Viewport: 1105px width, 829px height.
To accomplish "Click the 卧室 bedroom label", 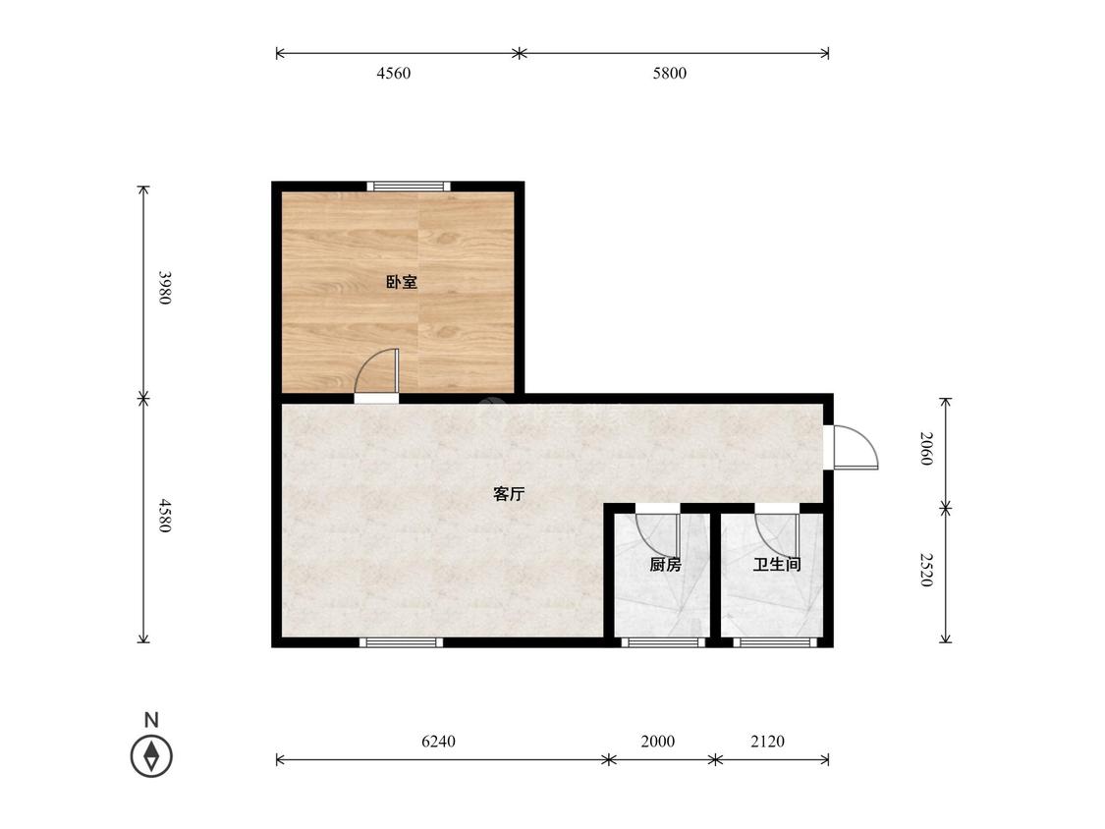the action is (x=402, y=283).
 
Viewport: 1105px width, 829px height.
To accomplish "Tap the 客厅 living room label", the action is (x=509, y=494).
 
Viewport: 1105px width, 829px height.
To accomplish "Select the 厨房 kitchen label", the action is (x=665, y=565).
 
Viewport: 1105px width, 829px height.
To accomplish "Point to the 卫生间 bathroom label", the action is (x=777, y=565).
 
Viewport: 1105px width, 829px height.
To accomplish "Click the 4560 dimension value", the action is (x=394, y=74).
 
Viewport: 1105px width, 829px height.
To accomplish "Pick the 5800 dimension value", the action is (x=670, y=74).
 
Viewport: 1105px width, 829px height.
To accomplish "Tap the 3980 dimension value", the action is (x=164, y=288).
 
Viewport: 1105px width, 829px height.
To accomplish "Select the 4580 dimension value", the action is (x=164, y=516).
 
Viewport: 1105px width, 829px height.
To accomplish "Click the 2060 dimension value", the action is (x=926, y=448).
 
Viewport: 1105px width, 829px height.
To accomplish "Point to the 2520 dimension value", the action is (x=926, y=570).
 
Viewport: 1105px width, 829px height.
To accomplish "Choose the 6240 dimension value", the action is (x=438, y=741).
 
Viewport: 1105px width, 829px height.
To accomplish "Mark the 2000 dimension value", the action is (x=657, y=741).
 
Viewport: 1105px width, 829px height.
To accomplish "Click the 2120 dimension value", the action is (x=767, y=741).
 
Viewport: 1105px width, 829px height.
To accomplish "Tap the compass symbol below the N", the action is (x=151, y=756).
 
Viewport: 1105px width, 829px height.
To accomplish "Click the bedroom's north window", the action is (x=408, y=186).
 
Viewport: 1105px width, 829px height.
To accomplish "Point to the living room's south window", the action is (x=401, y=642).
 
